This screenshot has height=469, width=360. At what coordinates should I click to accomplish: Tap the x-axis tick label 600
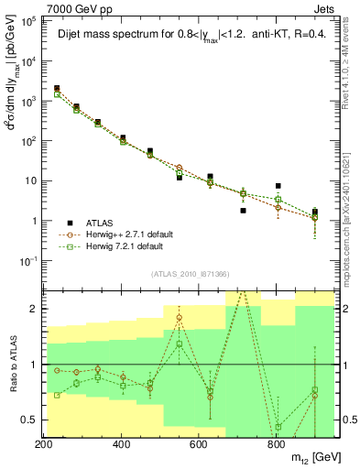point(199,444)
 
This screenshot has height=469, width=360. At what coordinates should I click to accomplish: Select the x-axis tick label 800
point(276,444)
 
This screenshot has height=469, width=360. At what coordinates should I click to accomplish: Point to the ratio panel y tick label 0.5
point(29,420)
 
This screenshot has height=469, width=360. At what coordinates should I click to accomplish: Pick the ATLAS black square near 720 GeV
point(243,210)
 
